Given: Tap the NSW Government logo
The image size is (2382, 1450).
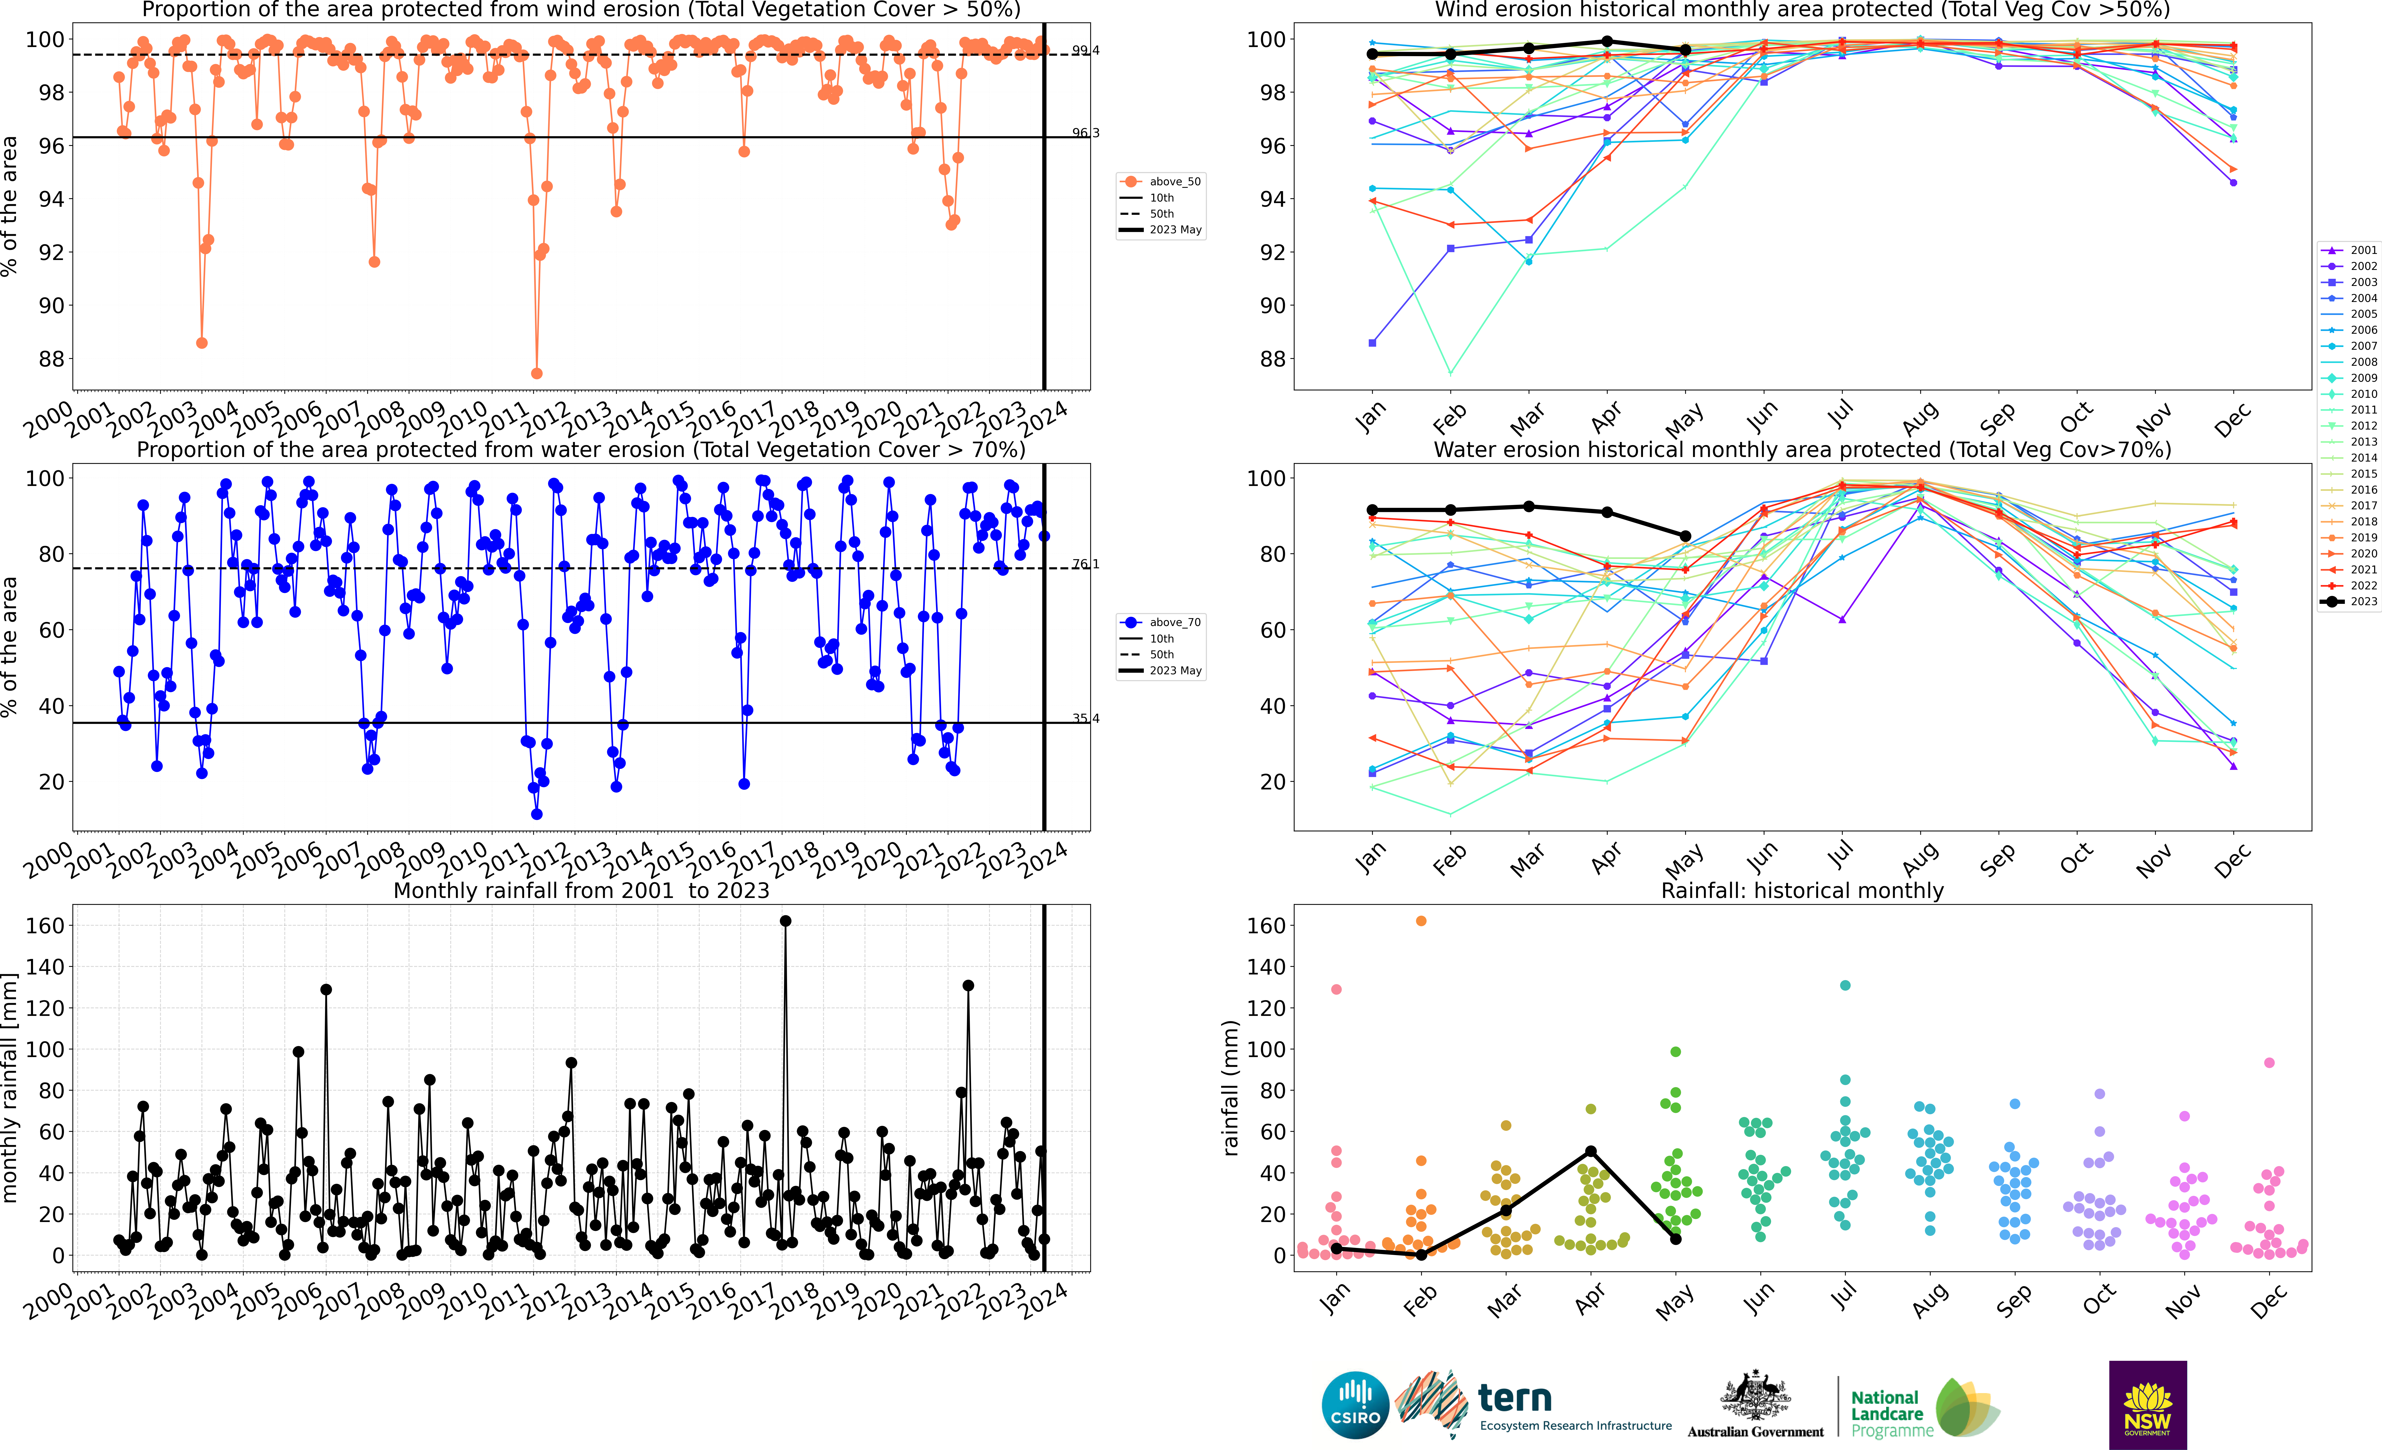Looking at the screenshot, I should tap(2147, 1405).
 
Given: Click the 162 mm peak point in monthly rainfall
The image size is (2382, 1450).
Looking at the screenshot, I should tap(785, 921).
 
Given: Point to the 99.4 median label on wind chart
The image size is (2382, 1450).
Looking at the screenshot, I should tap(1085, 50).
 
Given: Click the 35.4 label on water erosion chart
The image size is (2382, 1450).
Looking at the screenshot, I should tap(1085, 718).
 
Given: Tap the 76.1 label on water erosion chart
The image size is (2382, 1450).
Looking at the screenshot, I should tap(1085, 563).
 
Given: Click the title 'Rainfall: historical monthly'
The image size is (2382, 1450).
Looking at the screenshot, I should tap(1802, 890).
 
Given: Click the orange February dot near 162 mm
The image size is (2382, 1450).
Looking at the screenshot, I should tap(1421, 921).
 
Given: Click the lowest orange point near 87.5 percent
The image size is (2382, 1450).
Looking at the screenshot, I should tap(536, 373).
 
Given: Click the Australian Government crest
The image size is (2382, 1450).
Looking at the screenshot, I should tap(1755, 1397).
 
